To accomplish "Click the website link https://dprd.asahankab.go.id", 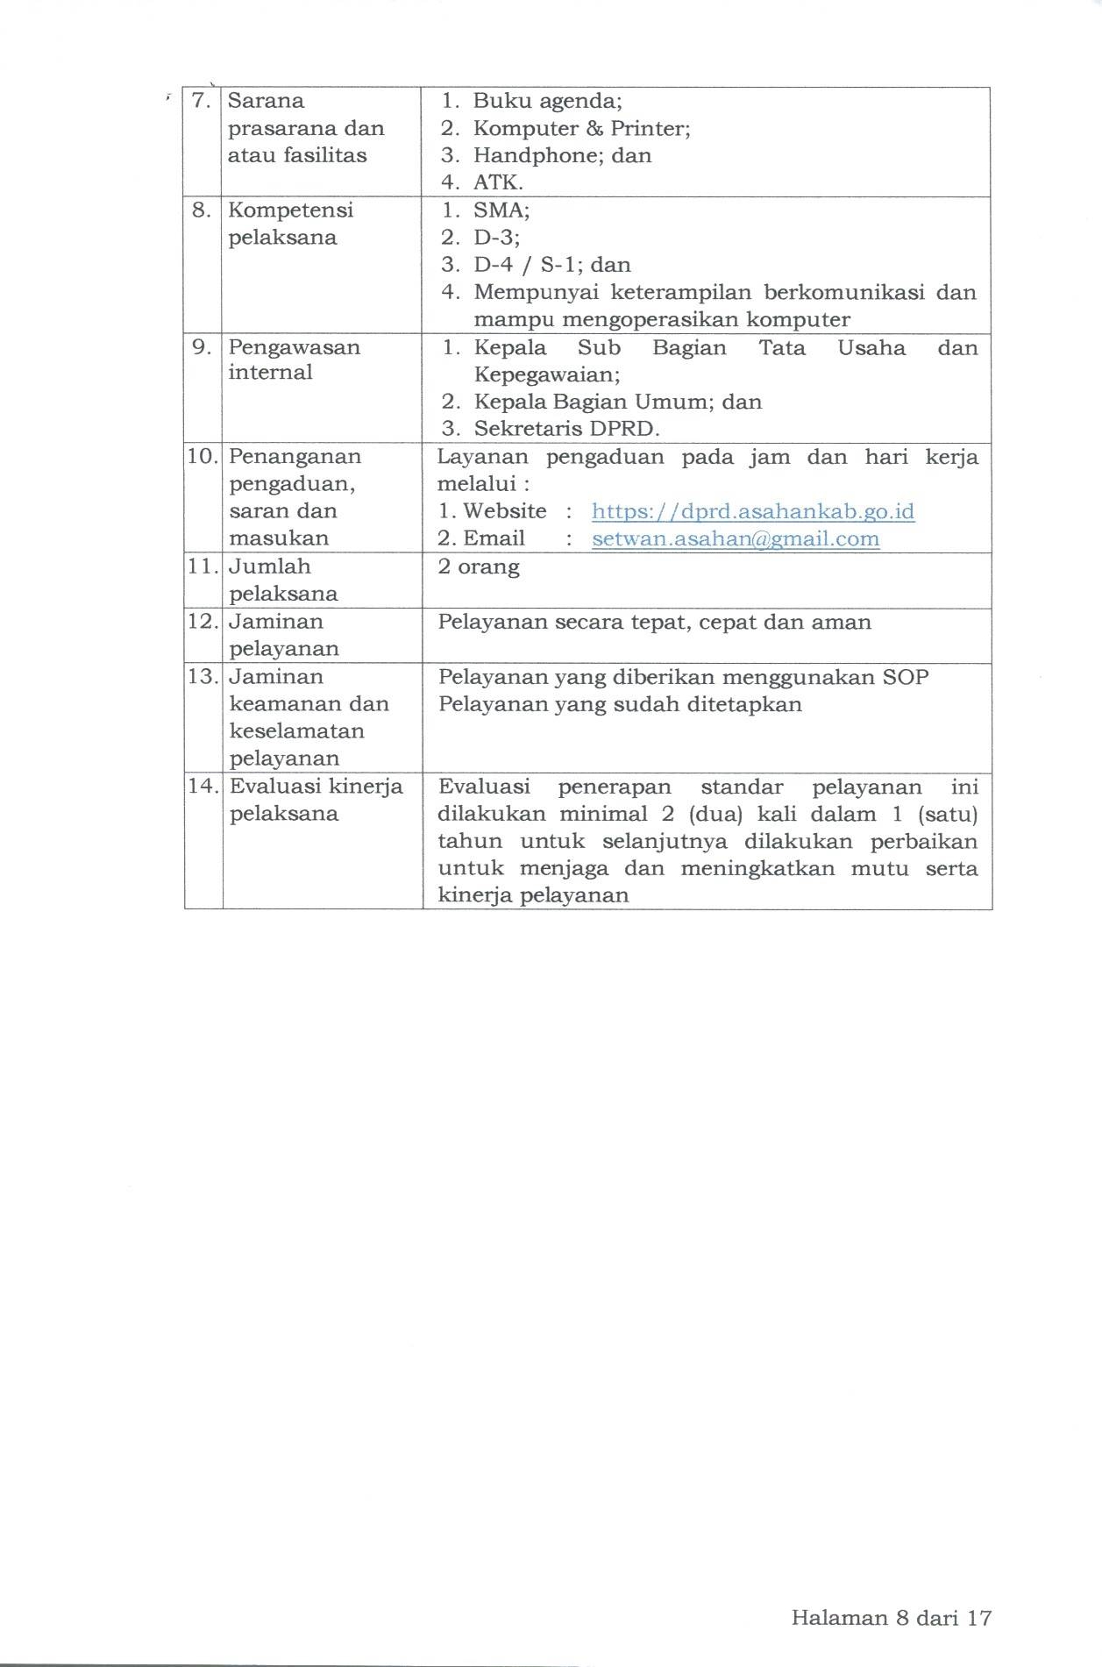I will [x=753, y=511].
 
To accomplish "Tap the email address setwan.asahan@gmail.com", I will [x=736, y=538].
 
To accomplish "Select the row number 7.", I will [x=202, y=101].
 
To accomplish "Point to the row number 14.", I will [x=203, y=786].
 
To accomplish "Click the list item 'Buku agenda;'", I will [x=547, y=101].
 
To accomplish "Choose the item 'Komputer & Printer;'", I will [x=581, y=128].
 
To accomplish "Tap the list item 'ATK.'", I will [x=498, y=182].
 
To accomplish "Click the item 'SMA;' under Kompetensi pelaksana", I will [x=501, y=210].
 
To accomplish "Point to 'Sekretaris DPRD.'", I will [x=566, y=429].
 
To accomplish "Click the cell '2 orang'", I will [x=479, y=566].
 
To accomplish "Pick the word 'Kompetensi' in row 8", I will [x=290, y=210].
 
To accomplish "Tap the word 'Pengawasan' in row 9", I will [x=294, y=347].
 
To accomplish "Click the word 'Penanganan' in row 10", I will [x=295, y=457].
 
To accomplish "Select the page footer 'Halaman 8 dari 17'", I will [x=891, y=1618].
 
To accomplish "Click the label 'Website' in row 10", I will [x=504, y=511].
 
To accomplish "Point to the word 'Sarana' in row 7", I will [x=266, y=101].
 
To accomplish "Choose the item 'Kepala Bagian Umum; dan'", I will [x=617, y=402].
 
